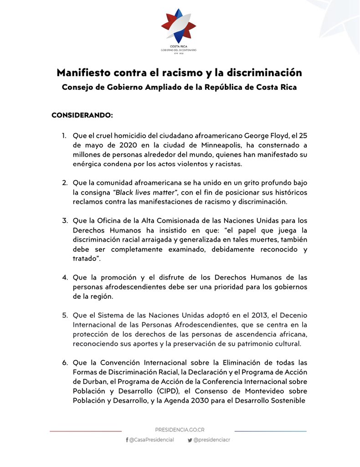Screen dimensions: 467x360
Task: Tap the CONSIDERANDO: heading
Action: [82, 115]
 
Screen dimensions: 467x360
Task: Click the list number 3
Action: [65, 221]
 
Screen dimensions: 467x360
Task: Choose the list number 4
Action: [65, 277]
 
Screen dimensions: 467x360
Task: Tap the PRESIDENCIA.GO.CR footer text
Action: [179, 430]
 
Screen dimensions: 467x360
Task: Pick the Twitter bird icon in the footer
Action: [190, 440]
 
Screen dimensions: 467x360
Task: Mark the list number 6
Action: [65, 363]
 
